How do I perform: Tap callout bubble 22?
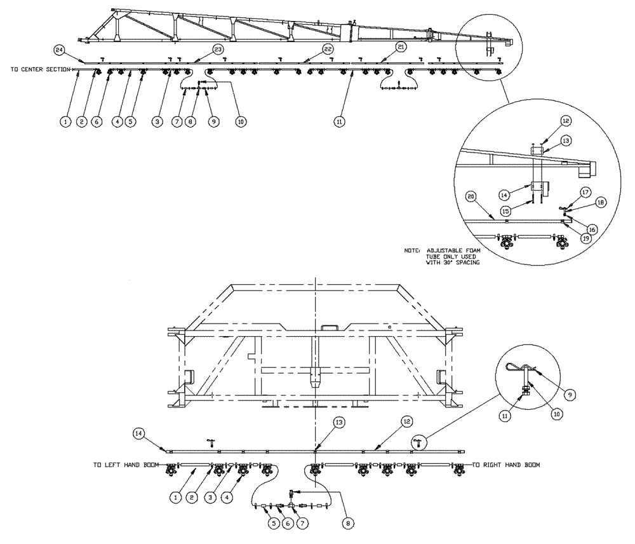[x=328, y=48]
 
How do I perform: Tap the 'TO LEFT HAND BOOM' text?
[x=126, y=465]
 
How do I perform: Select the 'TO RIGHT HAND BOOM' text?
[x=505, y=465]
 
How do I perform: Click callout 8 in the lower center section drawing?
[x=347, y=524]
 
